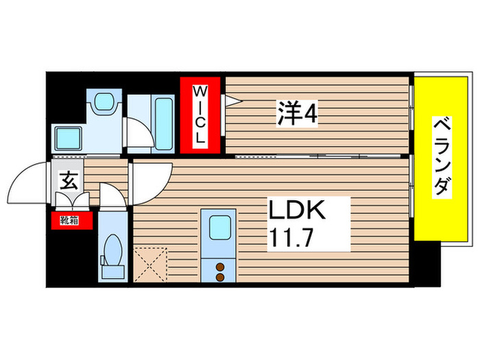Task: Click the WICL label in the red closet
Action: (x=201, y=114)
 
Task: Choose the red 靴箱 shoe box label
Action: (x=68, y=221)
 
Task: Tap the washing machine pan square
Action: (x=69, y=138)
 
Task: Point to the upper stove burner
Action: (x=221, y=266)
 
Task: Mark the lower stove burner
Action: (x=221, y=277)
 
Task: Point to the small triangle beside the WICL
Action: (x=232, y=101)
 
